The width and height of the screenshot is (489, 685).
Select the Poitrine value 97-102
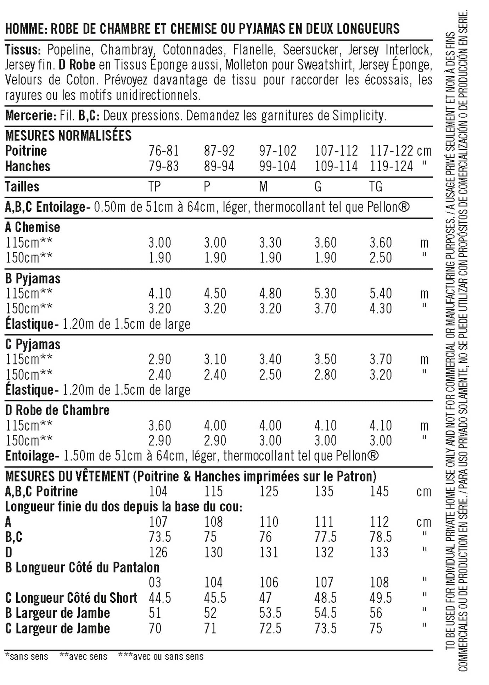pyautogui.click(x=277, y=151)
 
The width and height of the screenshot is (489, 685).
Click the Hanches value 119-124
pyautogui.click(x=391, y=166)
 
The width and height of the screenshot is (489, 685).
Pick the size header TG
pyautogui.click(x=376, y=186)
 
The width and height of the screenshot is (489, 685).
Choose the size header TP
pyautogui.click(x=154, y=186)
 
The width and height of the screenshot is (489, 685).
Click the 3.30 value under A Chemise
pyautogui.click(x=270, y=243)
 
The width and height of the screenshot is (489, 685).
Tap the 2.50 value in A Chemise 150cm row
pyautogui.click(x=381, y=258)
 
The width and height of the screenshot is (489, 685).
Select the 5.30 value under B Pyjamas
pyautogui.click(x=325, y=294)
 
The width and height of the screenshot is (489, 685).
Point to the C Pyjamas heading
pyautogui.click(x=33, y=344)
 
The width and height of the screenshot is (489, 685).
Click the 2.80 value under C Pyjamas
pyautogui.click(x=325, y=375)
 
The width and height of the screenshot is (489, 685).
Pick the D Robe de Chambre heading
pyautogui.click(x=57, y=410)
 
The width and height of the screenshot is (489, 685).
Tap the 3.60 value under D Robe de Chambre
pyautogui.click(x=159, y=425)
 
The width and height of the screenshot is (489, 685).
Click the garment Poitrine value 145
pyautogui.click(x=379, y=491)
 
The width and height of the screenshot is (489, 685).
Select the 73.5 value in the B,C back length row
pyautogui.click(x=159, y=537)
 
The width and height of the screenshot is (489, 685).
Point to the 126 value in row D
pyautogui.click(x=158, y=552)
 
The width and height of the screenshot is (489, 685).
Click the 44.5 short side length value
pyautogui.click(x=159, y=598)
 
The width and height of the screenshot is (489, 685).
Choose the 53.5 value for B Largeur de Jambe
pyautogui.click(x=270, y=613)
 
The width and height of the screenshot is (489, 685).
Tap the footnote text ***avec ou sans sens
pyautogui.click(x=161, y=657)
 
